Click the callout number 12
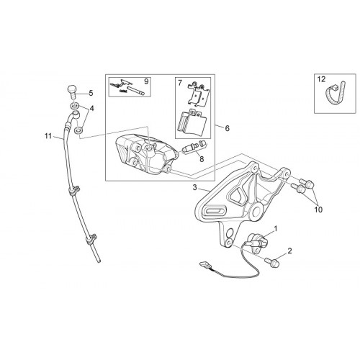coord(322,79)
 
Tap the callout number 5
coord(91,93)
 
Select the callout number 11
coord(48,136)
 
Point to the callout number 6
coord(227,128)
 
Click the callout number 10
coord(318,210)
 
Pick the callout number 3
coord(194,187)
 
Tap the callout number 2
coord(289,251)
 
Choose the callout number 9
coord(146,81)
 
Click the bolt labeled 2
coord(272,262)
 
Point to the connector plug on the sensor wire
coord(205,265)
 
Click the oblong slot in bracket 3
coord(215,211)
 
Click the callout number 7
coord(180,84)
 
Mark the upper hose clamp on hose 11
coord(74,190)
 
